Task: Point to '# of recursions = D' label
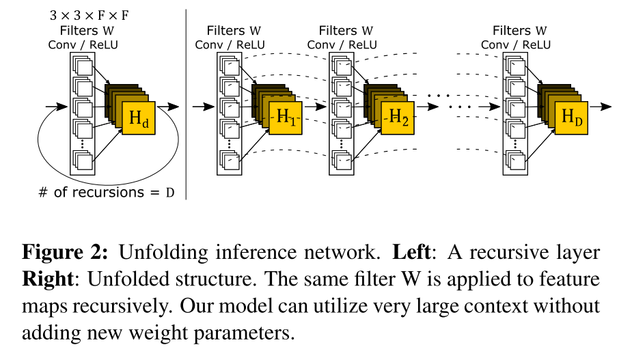pos(106,192)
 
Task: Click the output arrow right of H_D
pos(601,107)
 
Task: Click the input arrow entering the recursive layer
pos(57,107)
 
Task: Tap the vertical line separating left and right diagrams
pos(187,102)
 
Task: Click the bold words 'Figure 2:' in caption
pos(65,252)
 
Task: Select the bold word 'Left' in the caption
pos(411,252)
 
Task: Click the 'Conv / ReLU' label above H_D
pos(515,45)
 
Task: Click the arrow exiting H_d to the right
pos(171,107)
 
